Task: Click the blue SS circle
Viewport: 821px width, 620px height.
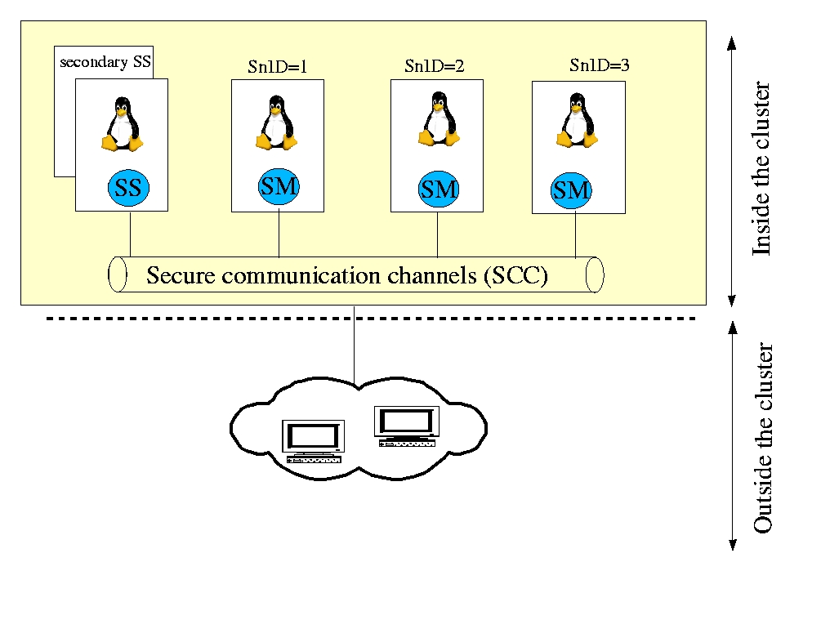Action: click(x=128, y=189)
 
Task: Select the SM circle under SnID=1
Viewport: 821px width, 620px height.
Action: click(x=279, y=187)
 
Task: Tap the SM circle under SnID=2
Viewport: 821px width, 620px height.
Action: click(x=439, y=190)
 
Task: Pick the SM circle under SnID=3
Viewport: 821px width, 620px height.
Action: click(x=571, y=190)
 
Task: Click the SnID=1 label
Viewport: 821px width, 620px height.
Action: click(x=277, y=67)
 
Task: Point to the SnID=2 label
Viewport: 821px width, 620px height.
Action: click(x=434, y=66)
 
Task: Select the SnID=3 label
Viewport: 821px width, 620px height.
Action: click(x=599, y=65)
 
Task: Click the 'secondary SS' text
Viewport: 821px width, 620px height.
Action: click(x=105, y=62)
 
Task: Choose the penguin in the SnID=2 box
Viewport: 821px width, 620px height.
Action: click(x=438, y=119)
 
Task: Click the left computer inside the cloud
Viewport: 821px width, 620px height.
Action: click(x=312, y=442)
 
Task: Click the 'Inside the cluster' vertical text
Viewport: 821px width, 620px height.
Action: click(x=761, y=168)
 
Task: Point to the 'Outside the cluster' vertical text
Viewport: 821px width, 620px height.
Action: click(x=761, y=438)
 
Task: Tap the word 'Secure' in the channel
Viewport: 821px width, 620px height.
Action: click(x=175, y=275)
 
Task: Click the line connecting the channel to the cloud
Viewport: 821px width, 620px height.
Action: click(x=354, y=343)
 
